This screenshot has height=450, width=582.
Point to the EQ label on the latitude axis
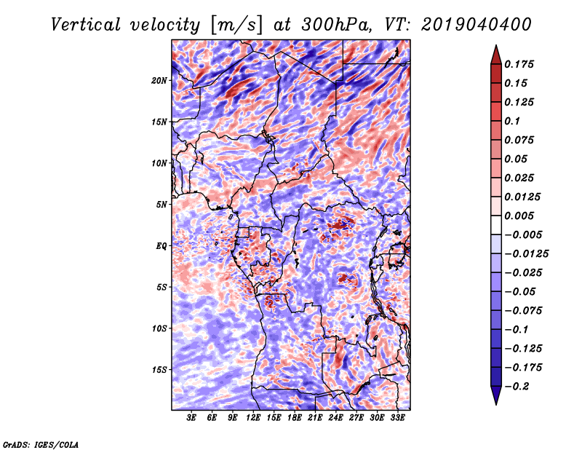tap(162, 245)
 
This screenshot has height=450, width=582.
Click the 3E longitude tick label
tap(192, 418)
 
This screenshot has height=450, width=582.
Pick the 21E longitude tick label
tap(315, 418)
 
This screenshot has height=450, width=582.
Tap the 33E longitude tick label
tap(396, 418)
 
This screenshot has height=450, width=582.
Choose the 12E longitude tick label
tap(253, 418)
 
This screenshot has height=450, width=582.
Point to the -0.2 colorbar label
tap(519, 386)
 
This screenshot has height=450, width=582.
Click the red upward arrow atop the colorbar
tap(495, 53)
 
